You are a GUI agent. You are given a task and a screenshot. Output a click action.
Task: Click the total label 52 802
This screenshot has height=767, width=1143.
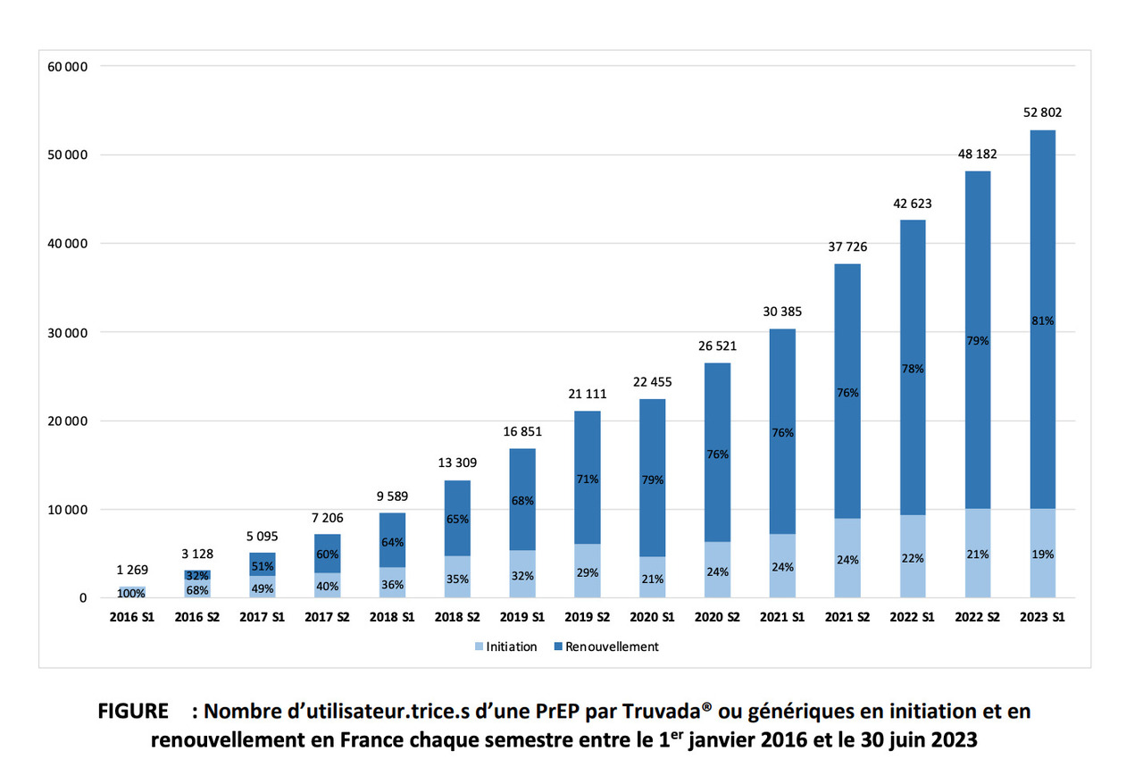[1042, 113]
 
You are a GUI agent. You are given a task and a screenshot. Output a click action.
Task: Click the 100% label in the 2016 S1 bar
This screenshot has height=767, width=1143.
[131, 593]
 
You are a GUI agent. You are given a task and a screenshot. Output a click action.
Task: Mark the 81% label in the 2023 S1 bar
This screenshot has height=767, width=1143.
[1042, 321]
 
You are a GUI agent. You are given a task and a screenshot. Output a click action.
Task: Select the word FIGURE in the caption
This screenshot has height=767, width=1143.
[133, 712]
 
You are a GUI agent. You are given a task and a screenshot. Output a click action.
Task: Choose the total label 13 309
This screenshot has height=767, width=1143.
[456, 463]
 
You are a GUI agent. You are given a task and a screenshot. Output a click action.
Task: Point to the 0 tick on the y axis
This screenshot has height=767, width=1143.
[82, 598]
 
